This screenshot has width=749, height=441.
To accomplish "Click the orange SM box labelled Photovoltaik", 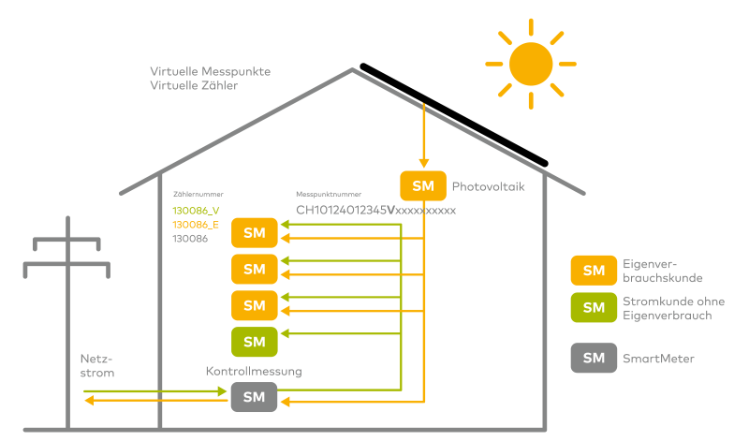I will pos(423,186).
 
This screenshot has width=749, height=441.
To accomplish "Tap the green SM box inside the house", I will pos(255,342).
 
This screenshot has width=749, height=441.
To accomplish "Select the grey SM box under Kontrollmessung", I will pos(255,397).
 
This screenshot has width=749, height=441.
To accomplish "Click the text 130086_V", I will pos(196,211).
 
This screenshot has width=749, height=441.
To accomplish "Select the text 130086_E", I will pos(196,225).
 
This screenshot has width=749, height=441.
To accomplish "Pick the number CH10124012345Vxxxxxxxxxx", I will pos(375,211).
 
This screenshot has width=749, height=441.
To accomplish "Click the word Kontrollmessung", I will pos(254,372).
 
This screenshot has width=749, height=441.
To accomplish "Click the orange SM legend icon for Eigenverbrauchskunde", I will pos(594,271).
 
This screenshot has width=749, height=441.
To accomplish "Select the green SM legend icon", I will pos(594,307).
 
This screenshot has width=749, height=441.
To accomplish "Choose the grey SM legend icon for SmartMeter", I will pos(594,358).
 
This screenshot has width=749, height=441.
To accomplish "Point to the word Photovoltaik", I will pos(488,186).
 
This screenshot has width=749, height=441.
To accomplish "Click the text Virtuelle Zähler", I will pos(194,85).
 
